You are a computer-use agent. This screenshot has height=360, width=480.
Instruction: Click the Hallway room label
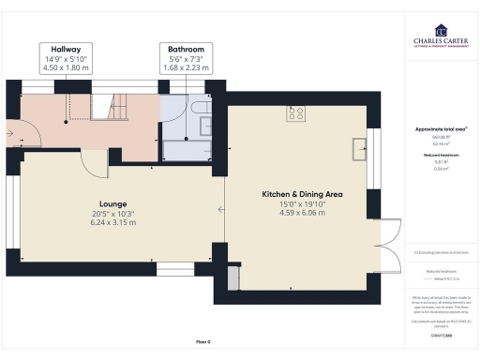tap(65, 48)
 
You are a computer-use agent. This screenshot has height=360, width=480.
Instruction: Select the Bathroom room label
tap(187, 48)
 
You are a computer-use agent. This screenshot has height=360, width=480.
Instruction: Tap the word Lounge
tap(113, 202)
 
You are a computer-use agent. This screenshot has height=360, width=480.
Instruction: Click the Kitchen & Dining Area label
tap(301, 194)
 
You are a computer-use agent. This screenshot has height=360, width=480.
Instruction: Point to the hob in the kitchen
tap(297, 114)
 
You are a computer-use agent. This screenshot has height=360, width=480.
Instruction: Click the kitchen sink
tap(359, 147)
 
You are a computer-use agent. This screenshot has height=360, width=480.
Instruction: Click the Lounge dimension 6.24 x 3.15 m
tap(113, 223)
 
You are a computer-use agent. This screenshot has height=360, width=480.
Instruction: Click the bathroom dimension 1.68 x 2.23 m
tap(187, 67)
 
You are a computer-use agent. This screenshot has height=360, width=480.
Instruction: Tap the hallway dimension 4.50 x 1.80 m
tap(65, 67)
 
